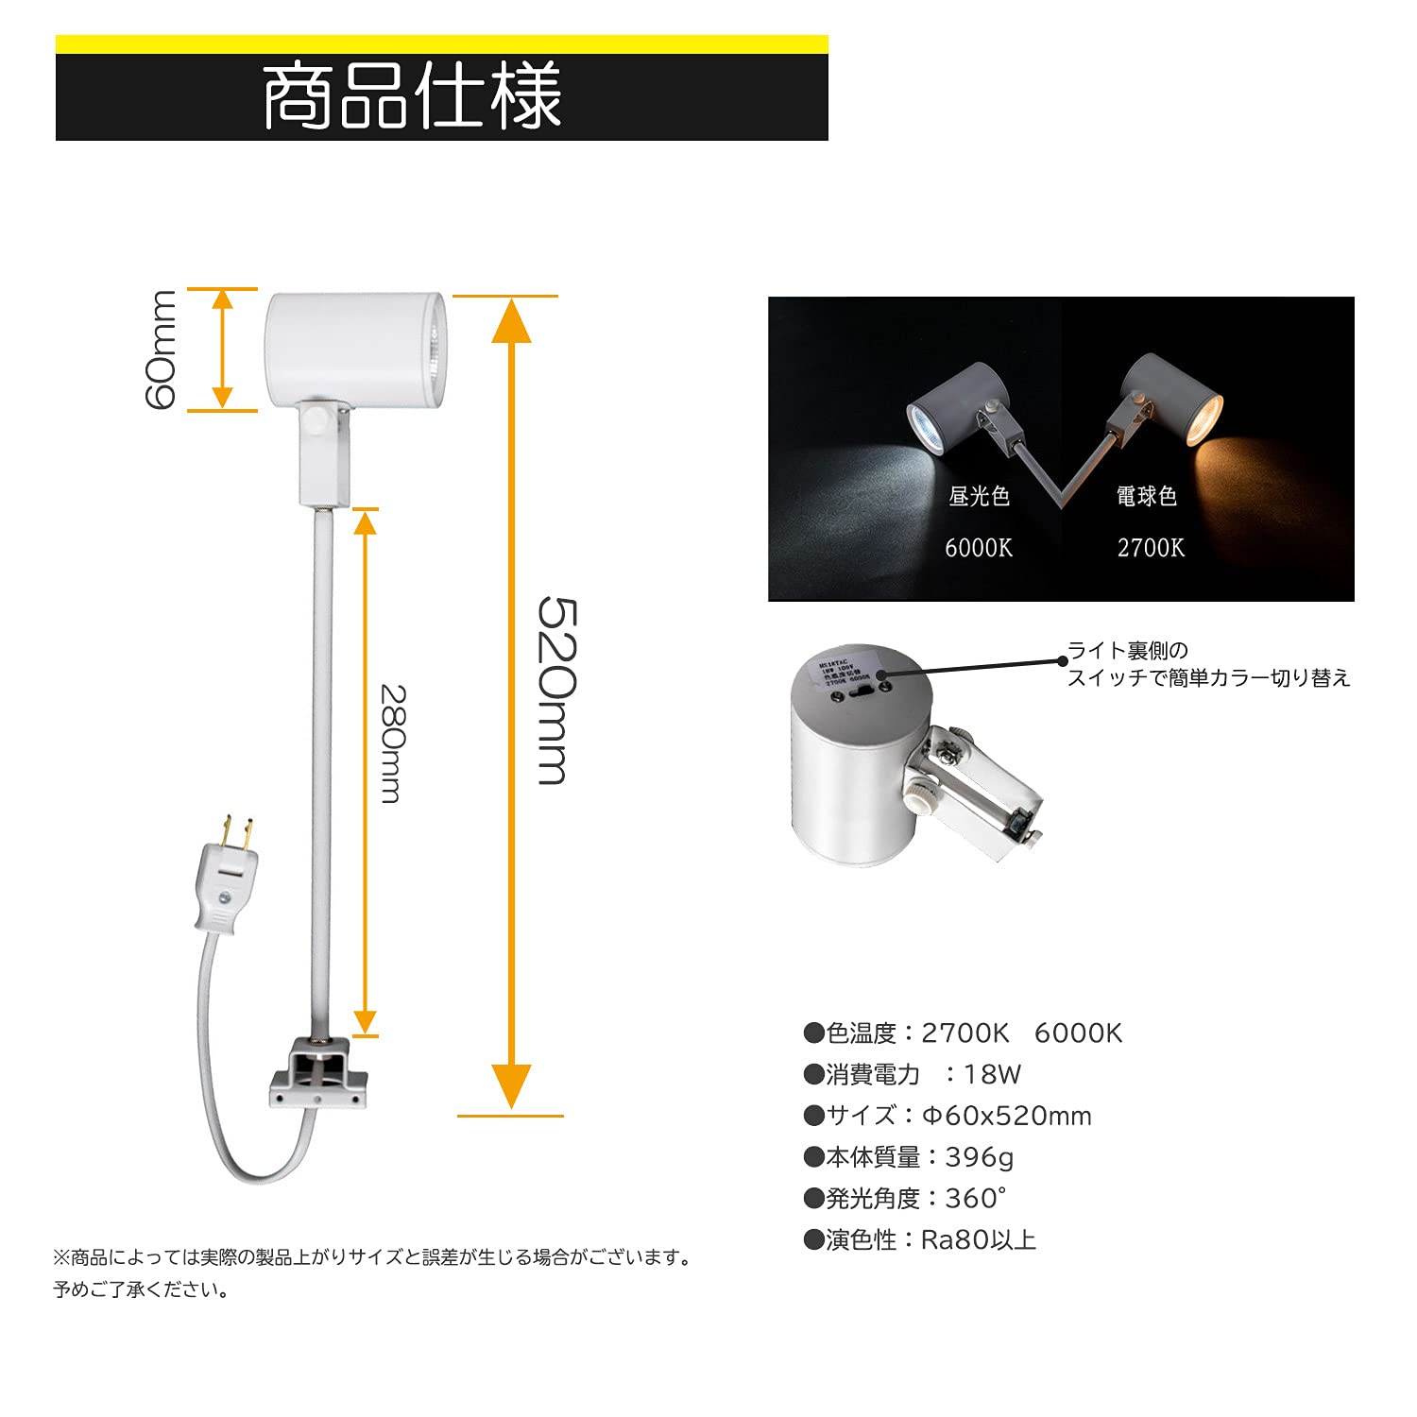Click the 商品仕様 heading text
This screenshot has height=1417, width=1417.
[x=412, y=96]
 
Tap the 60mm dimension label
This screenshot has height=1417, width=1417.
[x=161, y=350]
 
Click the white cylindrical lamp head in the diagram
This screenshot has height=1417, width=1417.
[x=355, y=350]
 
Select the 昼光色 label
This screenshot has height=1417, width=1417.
[x=979, y=496]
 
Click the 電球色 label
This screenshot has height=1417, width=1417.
[x=1147, y=496]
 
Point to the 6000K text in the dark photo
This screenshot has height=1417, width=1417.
[x=979, y=548]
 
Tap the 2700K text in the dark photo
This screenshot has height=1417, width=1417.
[x=1151, y=548]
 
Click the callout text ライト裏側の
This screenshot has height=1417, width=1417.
[x=1128, y=651]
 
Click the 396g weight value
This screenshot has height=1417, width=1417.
[x=980, y=1157]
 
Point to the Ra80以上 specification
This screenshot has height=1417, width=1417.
[x=979, y=1239]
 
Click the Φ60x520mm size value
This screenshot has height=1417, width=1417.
[x=1007, y=1116]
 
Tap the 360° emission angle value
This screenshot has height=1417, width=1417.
[x=975, y=1199]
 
